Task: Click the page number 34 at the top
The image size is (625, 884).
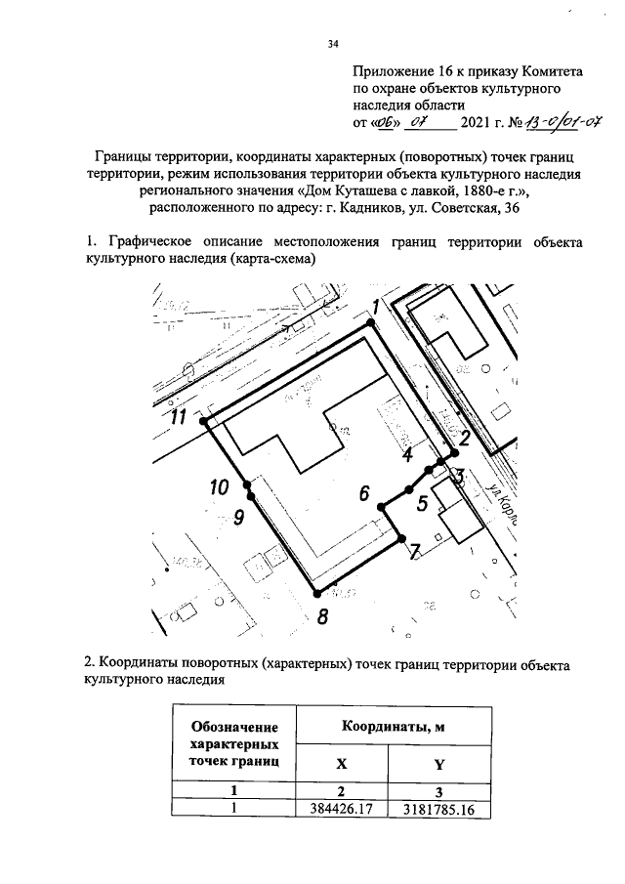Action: [x=332, y=42]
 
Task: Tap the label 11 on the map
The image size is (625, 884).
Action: [x=179, y=417]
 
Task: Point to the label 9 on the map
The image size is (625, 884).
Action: [x=237, y=518]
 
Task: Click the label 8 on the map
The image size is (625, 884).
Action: [x=323, y=615]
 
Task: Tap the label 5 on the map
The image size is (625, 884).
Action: [x=422, y=504]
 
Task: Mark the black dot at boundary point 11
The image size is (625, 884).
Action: [x=203, y=421]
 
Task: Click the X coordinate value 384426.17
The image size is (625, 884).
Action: [x=342, y=809]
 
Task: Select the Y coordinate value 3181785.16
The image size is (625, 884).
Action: [x=438, y=809]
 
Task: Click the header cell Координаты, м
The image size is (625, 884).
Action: [x=391, y=728]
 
